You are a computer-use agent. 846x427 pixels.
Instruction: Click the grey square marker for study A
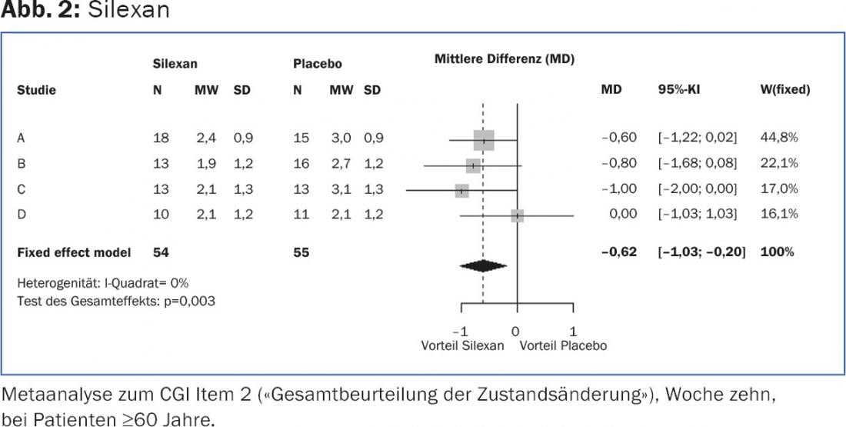484,140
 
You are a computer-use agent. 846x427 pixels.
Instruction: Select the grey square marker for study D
517,216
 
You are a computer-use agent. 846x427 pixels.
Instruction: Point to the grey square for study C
461,191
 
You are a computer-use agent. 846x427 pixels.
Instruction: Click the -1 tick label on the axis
461,332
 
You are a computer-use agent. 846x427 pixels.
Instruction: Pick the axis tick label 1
573,332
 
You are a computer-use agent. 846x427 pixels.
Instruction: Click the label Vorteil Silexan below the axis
462,345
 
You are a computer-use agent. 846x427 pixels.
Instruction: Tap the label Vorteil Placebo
563,345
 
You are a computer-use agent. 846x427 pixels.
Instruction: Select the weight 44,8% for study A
778,138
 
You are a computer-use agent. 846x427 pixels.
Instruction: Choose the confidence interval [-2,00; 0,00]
697,188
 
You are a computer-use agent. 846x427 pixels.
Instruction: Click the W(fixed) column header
784,90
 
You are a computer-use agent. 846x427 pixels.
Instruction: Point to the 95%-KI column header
679,90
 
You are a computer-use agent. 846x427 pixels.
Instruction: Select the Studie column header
36,90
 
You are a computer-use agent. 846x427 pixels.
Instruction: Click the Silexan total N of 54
160,252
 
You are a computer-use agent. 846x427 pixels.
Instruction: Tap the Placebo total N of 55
301,252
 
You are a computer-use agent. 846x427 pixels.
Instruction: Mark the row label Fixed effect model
74,252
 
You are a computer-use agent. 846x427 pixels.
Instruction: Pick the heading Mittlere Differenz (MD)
505,59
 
